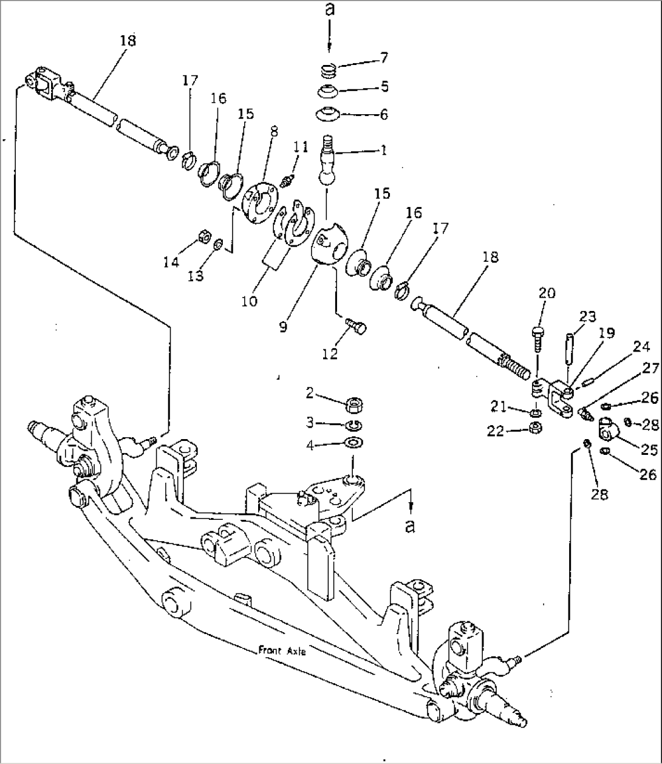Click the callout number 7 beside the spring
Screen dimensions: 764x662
pos(384,58)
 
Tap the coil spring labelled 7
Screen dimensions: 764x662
pos(329,72)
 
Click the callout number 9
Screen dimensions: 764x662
pos(284,326)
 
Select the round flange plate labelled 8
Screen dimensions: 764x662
pos(259,203)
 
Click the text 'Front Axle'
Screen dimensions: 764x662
pos(282,650)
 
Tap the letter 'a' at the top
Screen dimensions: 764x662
pos(329,10)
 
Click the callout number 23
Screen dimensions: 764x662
pos(587,316)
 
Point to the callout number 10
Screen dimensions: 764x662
pos(249,301)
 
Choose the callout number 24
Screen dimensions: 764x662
pos(641,347)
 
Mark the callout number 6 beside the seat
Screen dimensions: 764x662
pos(384,114)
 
